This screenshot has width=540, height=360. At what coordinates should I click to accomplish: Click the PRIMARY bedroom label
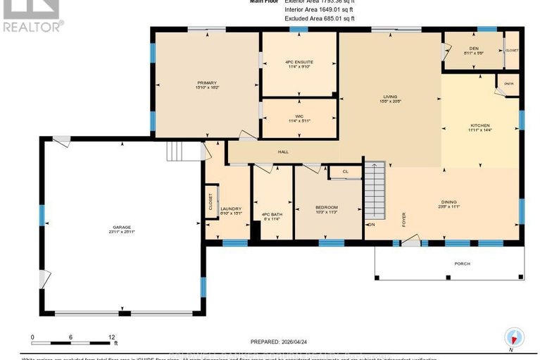pos(206,82)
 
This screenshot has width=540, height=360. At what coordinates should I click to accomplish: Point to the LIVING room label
pos(391,98)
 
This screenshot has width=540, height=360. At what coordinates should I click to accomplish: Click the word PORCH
pos(462,263)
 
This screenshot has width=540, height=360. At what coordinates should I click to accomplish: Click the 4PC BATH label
pos(272,214)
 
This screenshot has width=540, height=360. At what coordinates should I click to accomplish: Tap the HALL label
pos(283,151)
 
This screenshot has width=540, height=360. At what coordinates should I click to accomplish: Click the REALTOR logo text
pos(32,26)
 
